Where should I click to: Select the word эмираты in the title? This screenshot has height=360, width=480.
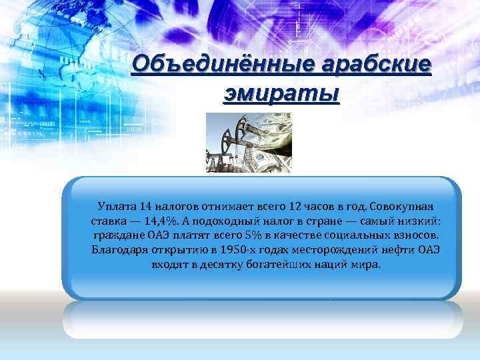281,93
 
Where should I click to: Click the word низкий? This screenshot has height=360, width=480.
418,219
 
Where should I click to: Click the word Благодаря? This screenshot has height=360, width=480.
119,250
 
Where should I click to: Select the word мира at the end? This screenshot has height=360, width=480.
367,265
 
